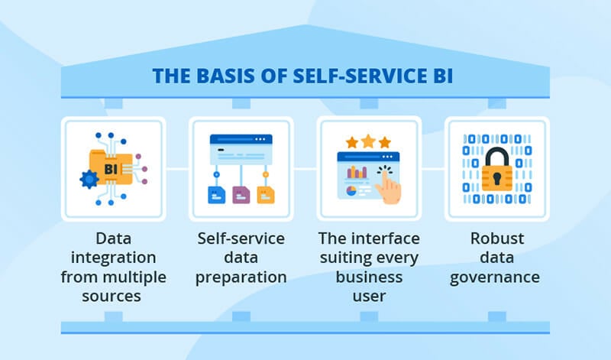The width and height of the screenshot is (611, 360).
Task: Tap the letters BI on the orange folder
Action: click(x=111, y=169)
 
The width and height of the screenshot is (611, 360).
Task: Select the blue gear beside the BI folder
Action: click(x=89, y=180)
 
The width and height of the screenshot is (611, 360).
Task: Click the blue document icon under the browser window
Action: click(x=217, y=195)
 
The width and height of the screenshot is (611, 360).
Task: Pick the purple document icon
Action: click(x=241, y=195)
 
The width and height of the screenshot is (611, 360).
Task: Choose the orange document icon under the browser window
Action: click(x=266, y=195)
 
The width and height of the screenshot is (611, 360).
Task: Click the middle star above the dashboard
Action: click(x=368, y=141)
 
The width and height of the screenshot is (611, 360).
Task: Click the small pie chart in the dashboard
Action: click(x=351, y=191)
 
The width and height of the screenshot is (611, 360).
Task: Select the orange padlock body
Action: click(x=497, y=177)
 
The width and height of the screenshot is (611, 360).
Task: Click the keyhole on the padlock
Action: click(x=497, y=178)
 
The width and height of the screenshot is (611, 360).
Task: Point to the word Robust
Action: click(x=497, y=238)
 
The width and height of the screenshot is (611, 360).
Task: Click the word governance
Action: click(x=495, y=277)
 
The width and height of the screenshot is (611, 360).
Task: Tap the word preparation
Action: click(x=241, y=277)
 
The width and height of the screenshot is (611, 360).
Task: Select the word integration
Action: click(x=113, y=258)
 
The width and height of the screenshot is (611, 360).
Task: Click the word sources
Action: click(x=112, y=297)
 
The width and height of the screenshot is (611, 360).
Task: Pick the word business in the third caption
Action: click(x=369, y=277)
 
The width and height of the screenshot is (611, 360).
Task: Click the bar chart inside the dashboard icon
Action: click(x=357, y=173)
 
